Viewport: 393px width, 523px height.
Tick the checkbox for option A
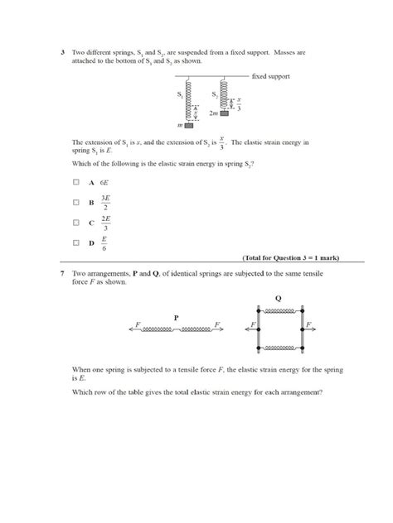tap(75, 181)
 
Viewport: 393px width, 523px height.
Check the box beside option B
tap(75, 201)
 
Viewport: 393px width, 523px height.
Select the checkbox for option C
tap(75, 222)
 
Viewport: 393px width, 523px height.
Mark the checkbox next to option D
tap(75, 242)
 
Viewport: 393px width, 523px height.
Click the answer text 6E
tap(104, 181)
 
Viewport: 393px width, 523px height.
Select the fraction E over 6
tap(104, 242)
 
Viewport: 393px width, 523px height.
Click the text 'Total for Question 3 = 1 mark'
tap(291, 257)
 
